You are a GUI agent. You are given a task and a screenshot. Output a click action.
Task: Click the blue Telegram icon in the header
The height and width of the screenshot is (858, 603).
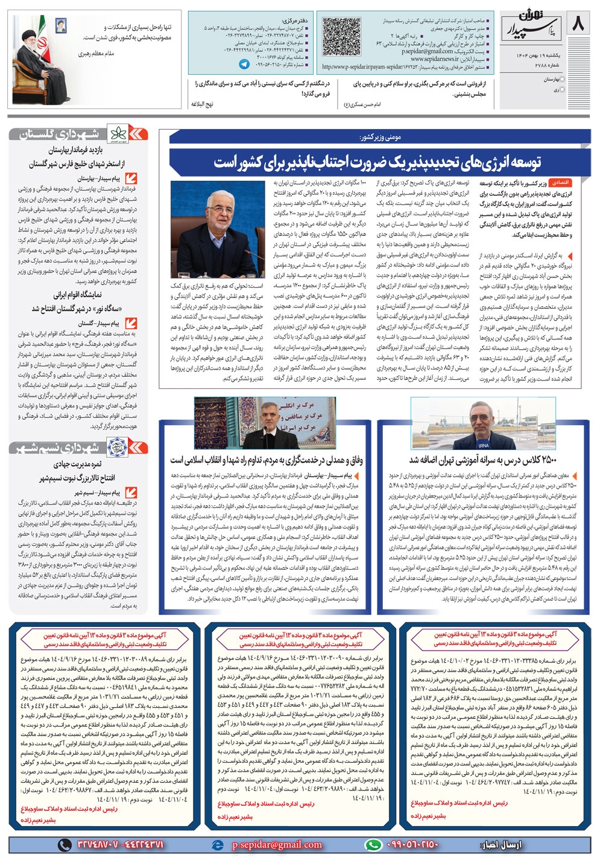[244, 63]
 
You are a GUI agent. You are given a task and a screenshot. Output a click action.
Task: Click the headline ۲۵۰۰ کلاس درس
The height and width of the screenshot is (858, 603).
[488, 460]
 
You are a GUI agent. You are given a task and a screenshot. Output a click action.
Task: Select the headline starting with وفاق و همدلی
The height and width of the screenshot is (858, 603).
[266, 460]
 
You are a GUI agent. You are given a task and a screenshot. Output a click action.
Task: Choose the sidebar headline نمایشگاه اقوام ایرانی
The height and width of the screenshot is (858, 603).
[78, 295]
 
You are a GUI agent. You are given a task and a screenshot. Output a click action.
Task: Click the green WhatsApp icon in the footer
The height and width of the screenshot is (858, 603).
[374, 844]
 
